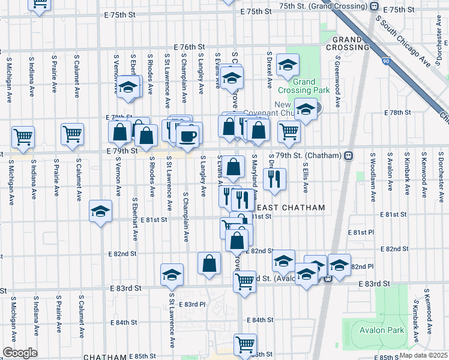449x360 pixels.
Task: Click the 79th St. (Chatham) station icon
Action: (348, 155)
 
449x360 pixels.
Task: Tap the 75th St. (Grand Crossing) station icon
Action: (374, 7)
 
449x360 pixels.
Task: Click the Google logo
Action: (19, 353)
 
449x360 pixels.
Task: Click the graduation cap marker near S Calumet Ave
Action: (100, 211)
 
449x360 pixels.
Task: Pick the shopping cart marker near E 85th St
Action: (245, 344)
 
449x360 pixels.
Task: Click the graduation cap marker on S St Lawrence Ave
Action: (172, 275)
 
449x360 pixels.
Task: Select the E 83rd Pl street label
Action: (195, 304)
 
